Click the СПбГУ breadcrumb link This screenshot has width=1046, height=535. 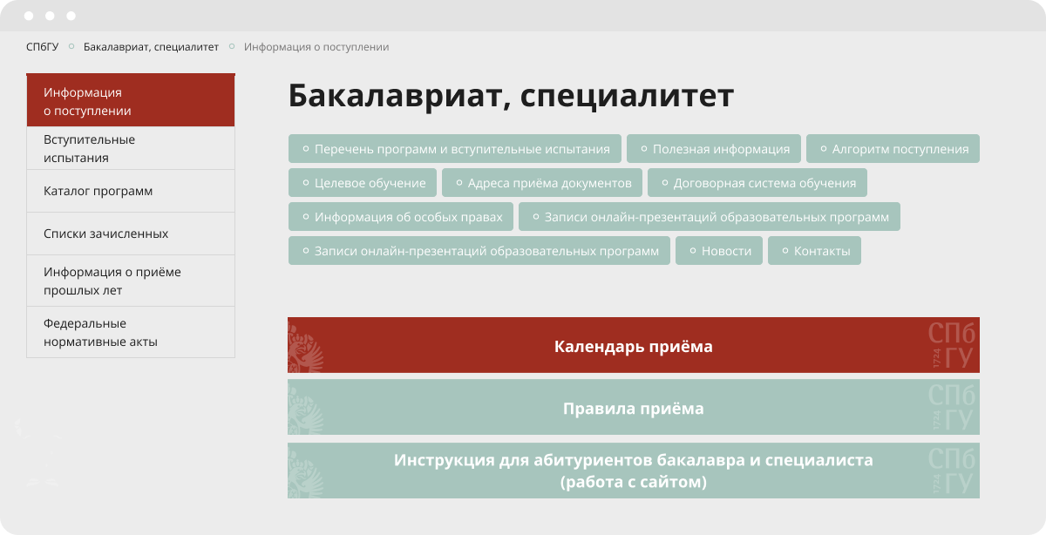click(42, 47)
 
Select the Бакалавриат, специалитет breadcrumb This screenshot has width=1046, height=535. click(151, 47)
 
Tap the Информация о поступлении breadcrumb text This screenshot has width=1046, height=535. click(316, 47)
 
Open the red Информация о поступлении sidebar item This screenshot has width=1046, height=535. click(131, 100)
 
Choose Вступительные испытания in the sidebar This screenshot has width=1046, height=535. click(131, 148)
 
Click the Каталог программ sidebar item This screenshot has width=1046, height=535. click(131, 191)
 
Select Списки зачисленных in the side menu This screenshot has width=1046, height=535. click(131, 234)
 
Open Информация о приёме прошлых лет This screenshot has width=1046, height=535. click(131, 281)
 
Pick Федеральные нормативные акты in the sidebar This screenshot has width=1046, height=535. click(131, 332)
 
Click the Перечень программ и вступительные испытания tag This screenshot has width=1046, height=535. click(455, 149)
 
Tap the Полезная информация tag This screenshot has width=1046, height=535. click(714, 149)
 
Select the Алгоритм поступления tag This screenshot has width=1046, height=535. click(893, 149)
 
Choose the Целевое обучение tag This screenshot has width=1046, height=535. click(363, 182)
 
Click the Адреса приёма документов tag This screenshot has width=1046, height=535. click(542, 182)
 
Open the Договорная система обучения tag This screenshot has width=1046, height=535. click(757, 182)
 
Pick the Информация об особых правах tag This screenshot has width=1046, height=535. click(401, 217)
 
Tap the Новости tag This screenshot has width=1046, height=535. click(719, 251)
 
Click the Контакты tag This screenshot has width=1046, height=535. click(814, 251)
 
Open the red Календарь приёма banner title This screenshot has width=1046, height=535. click(633, 347)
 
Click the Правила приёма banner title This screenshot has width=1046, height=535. click(633, 409)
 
